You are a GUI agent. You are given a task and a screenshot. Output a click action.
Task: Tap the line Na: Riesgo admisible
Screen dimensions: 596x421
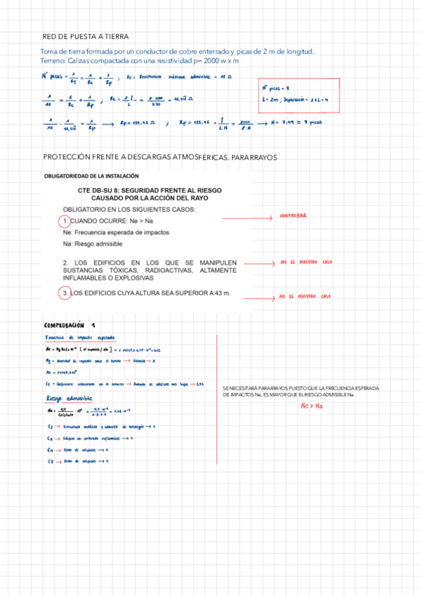(93, 243)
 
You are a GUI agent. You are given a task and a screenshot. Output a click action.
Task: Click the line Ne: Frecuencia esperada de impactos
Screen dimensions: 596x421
(116, 233)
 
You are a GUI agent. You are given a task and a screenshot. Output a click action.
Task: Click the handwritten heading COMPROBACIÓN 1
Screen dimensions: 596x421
(69, 325)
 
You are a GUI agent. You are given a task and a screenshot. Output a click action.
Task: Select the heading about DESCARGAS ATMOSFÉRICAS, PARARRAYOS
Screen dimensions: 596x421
(160, 157)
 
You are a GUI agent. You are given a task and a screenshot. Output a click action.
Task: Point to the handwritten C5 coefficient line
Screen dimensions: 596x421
(77, 461)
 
